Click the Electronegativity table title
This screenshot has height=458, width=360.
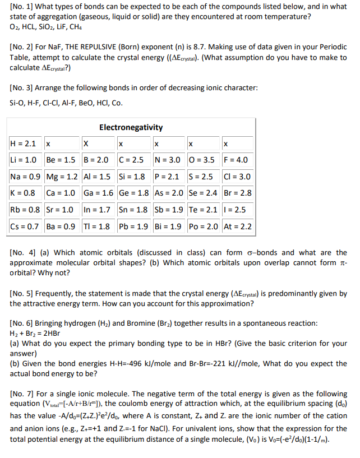131,127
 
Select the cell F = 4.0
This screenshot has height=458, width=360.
238,160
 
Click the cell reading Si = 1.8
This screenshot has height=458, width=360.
134,177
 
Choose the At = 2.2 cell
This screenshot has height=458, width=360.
238,227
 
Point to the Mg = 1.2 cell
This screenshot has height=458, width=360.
62,177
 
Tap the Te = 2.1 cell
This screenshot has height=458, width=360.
204,210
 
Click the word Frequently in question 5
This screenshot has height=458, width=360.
62,294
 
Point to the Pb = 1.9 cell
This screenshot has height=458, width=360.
134,227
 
